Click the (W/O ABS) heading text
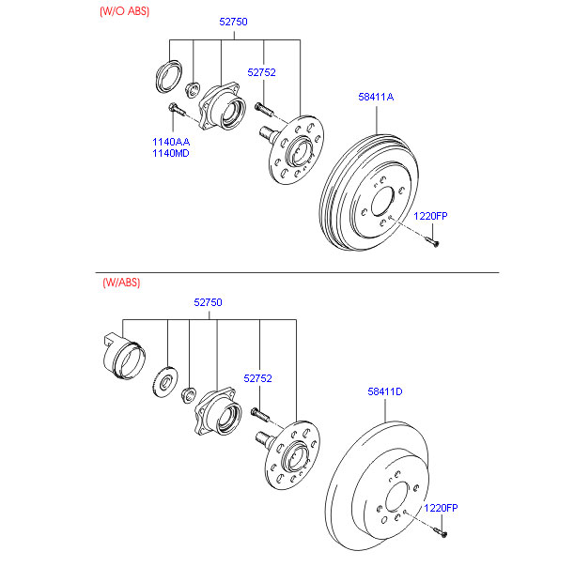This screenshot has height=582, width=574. (x=124, y=11)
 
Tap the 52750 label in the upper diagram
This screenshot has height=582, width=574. (x=233, y=21)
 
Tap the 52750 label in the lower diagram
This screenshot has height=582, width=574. (x=209, y=302)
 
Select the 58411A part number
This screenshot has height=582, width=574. (x=376, y=97)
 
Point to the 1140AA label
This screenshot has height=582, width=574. (x=171, y=142)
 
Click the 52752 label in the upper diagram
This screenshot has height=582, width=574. (x=261, y=72)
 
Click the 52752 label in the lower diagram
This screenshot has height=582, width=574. (x=257, y=378)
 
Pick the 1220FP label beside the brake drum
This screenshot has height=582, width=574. (x=431, y=217)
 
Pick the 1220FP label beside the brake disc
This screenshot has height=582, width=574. (x=440, y=508)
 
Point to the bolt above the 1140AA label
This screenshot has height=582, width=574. (x=175, y=113)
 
